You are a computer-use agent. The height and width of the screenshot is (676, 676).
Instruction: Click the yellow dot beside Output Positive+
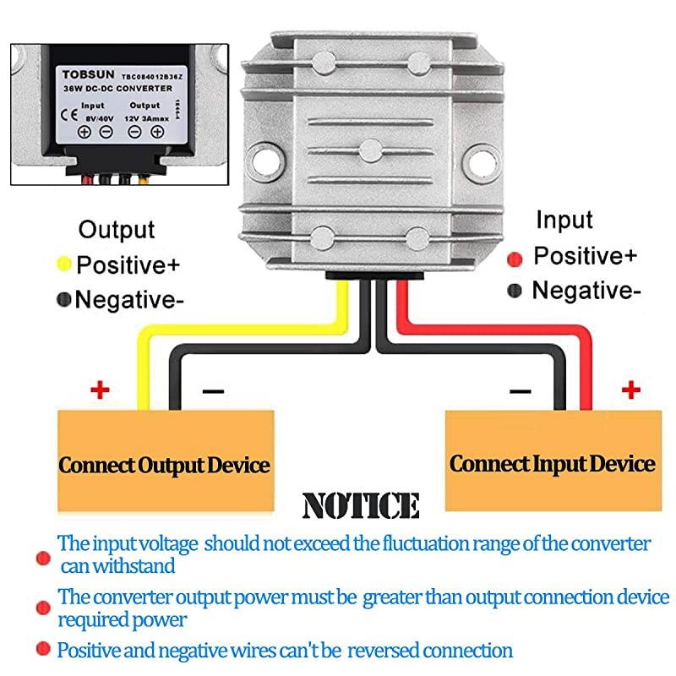[63, 264]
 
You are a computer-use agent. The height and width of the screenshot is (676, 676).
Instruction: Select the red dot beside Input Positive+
[514, 257]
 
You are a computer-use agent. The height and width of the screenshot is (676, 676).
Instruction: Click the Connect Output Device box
[165, 465]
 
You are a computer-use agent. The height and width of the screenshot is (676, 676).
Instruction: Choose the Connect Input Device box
[553, 463]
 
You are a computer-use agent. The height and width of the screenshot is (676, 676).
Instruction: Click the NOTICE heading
[361, 506]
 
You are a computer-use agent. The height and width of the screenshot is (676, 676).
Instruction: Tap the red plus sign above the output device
[101, 390]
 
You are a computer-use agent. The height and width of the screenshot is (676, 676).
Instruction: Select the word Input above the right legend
[564, 221]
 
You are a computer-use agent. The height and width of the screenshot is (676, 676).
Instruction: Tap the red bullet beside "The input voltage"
[41, 558]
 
